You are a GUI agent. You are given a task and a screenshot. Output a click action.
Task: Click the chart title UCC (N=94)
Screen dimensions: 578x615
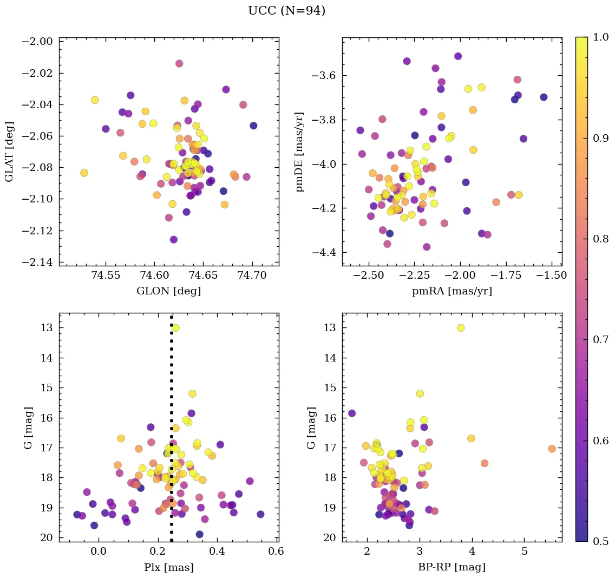tap(286, 11)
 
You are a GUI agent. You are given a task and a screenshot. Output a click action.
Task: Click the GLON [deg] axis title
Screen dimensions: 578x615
tap(169, 291)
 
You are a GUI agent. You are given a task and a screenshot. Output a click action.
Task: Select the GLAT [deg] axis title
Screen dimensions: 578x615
tap(9, 152)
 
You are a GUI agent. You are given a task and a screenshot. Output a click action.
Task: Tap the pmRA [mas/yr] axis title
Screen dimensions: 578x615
tap(452, 291)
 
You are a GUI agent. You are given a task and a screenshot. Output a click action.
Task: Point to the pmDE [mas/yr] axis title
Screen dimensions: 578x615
tap(299, 152)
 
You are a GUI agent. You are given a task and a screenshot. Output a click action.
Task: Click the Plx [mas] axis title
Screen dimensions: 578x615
tap(169, 567)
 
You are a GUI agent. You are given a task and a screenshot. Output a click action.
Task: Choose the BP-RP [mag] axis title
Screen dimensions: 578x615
tap(452, 567)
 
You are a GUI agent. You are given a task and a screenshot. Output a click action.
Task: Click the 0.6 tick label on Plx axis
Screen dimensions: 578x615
tap(277, 552)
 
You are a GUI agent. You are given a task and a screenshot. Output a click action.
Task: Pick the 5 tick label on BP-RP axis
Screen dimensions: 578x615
tap(525, 552)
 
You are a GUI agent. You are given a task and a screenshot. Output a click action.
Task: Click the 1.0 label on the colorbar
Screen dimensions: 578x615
tap(601, 37)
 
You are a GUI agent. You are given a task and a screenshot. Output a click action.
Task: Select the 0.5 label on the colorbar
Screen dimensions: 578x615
tap(601, 541)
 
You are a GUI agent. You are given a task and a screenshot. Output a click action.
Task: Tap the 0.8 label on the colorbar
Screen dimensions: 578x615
tap(601, 239)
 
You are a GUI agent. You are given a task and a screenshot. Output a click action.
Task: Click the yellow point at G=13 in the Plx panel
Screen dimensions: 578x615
tap(175, 328)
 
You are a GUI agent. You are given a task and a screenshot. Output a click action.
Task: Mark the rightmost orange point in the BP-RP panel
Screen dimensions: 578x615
tap(552, 449)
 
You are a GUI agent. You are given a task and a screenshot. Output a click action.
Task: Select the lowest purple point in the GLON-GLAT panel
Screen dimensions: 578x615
tap(173, 239)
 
